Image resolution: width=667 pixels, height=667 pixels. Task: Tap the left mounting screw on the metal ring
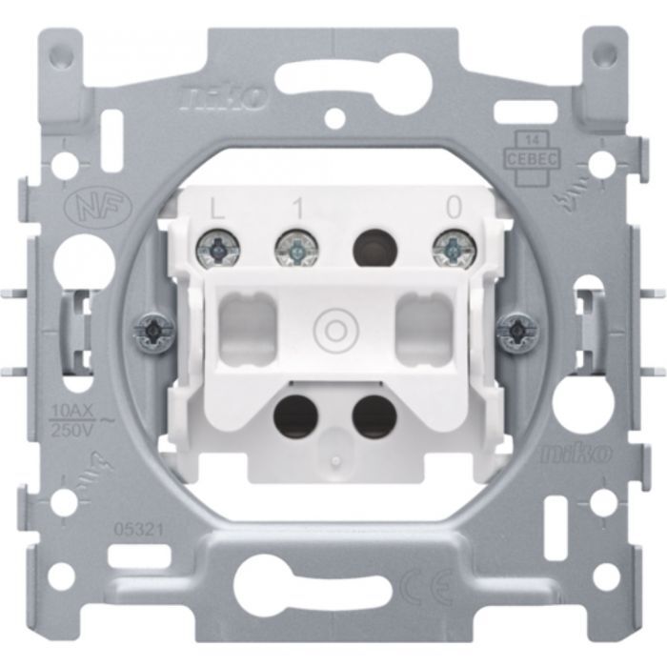click(152, 330)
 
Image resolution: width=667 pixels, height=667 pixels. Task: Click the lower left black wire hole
click(292, 415)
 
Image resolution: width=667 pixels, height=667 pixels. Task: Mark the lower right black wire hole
click(373, 415)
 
